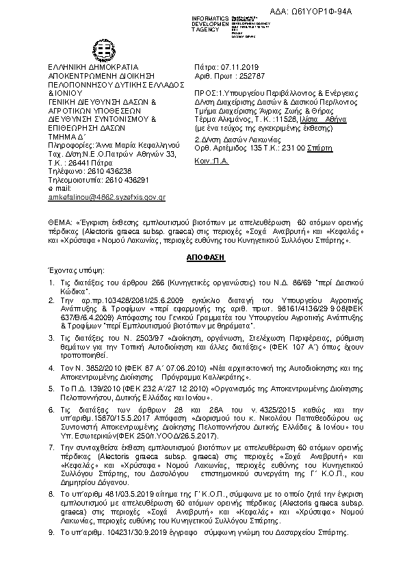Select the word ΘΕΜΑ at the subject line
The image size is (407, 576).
pos(57,223)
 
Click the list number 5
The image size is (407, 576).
pos(51,387)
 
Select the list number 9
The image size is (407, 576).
pos(51,532)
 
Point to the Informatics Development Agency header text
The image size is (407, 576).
pos(210,21)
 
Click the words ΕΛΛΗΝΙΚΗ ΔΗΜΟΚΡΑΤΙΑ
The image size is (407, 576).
pos(85,64)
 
